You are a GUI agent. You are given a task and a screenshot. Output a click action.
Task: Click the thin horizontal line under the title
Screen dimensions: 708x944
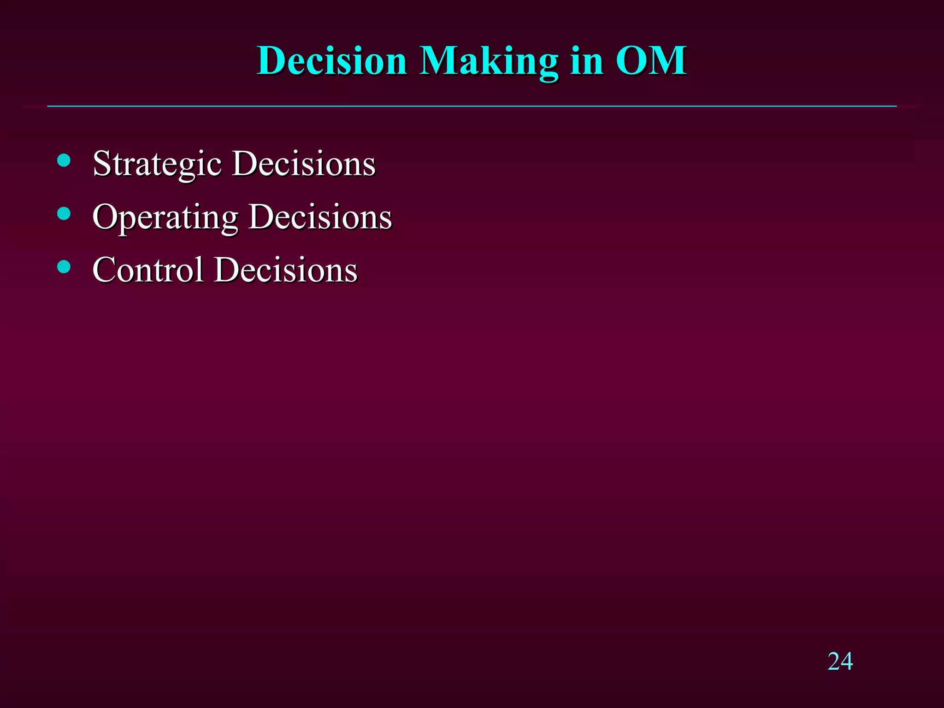pyautogui.click(x=472, y=106)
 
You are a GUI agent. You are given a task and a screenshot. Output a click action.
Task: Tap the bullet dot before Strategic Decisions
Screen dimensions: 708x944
pyautogui.click(x=64, y=160)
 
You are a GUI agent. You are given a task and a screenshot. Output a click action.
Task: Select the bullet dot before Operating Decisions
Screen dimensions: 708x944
pyautogui.click(x=64, y=213)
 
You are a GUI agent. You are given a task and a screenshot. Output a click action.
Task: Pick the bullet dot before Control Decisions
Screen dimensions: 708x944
pyautogui.click(x=64, y=266)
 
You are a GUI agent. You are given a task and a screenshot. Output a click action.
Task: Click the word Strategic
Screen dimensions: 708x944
pyautogui.click(x=157, y=164)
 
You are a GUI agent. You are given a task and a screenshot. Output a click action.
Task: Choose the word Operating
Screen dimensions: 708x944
pyautogui.click(x=165, y=217)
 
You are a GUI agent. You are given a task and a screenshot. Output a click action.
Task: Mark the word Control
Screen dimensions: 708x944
pyautogui.click(x=148, y=270)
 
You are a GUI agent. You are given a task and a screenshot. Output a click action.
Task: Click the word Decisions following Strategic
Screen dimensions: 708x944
pyautogui.click(x=304, y=164)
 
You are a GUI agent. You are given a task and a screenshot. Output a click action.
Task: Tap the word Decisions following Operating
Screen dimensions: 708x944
pyautogui.click(x=320, y=217)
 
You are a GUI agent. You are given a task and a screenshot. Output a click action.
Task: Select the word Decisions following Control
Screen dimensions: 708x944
pyautogui.click(x=286, y=270)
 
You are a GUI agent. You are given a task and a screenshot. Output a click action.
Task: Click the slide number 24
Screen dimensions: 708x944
pyautogui.click(x=840, y=661)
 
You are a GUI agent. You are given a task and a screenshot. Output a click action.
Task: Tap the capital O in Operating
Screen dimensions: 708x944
pyautogui.click(x=105, y=216)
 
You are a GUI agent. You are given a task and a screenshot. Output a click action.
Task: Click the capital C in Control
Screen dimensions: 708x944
pyautogui.click(x=104, y=270)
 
